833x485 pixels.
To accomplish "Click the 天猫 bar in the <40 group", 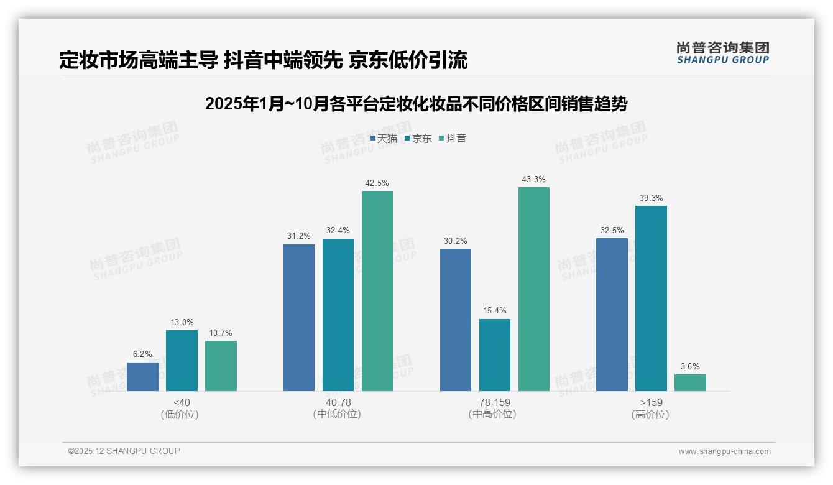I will point(142,377).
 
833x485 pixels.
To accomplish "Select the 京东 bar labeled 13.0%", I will point(182,361).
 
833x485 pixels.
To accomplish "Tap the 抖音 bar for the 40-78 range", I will point(377,291).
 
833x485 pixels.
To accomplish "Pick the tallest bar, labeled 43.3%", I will point(534,289).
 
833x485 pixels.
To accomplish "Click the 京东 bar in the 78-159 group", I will point(495,355).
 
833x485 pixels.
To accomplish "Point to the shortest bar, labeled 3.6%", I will point(690,382).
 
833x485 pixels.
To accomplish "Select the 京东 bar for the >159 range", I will point(651,298).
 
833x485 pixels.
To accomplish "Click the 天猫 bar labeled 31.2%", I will point(299,318).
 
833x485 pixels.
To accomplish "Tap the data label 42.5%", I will point(377,183).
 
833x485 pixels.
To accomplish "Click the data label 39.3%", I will point(651,198).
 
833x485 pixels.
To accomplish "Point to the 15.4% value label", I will point(495,311).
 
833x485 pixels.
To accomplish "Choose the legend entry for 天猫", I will point(384,139).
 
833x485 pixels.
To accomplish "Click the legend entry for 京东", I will point(418,139).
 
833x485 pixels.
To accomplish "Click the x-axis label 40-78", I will point(338,402).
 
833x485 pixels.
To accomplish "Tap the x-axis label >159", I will point(651,402).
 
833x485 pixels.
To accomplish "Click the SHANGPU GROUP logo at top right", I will point(722,53).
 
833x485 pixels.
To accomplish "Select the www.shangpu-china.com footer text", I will point(724,451).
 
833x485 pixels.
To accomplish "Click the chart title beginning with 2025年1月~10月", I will point(416,104).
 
